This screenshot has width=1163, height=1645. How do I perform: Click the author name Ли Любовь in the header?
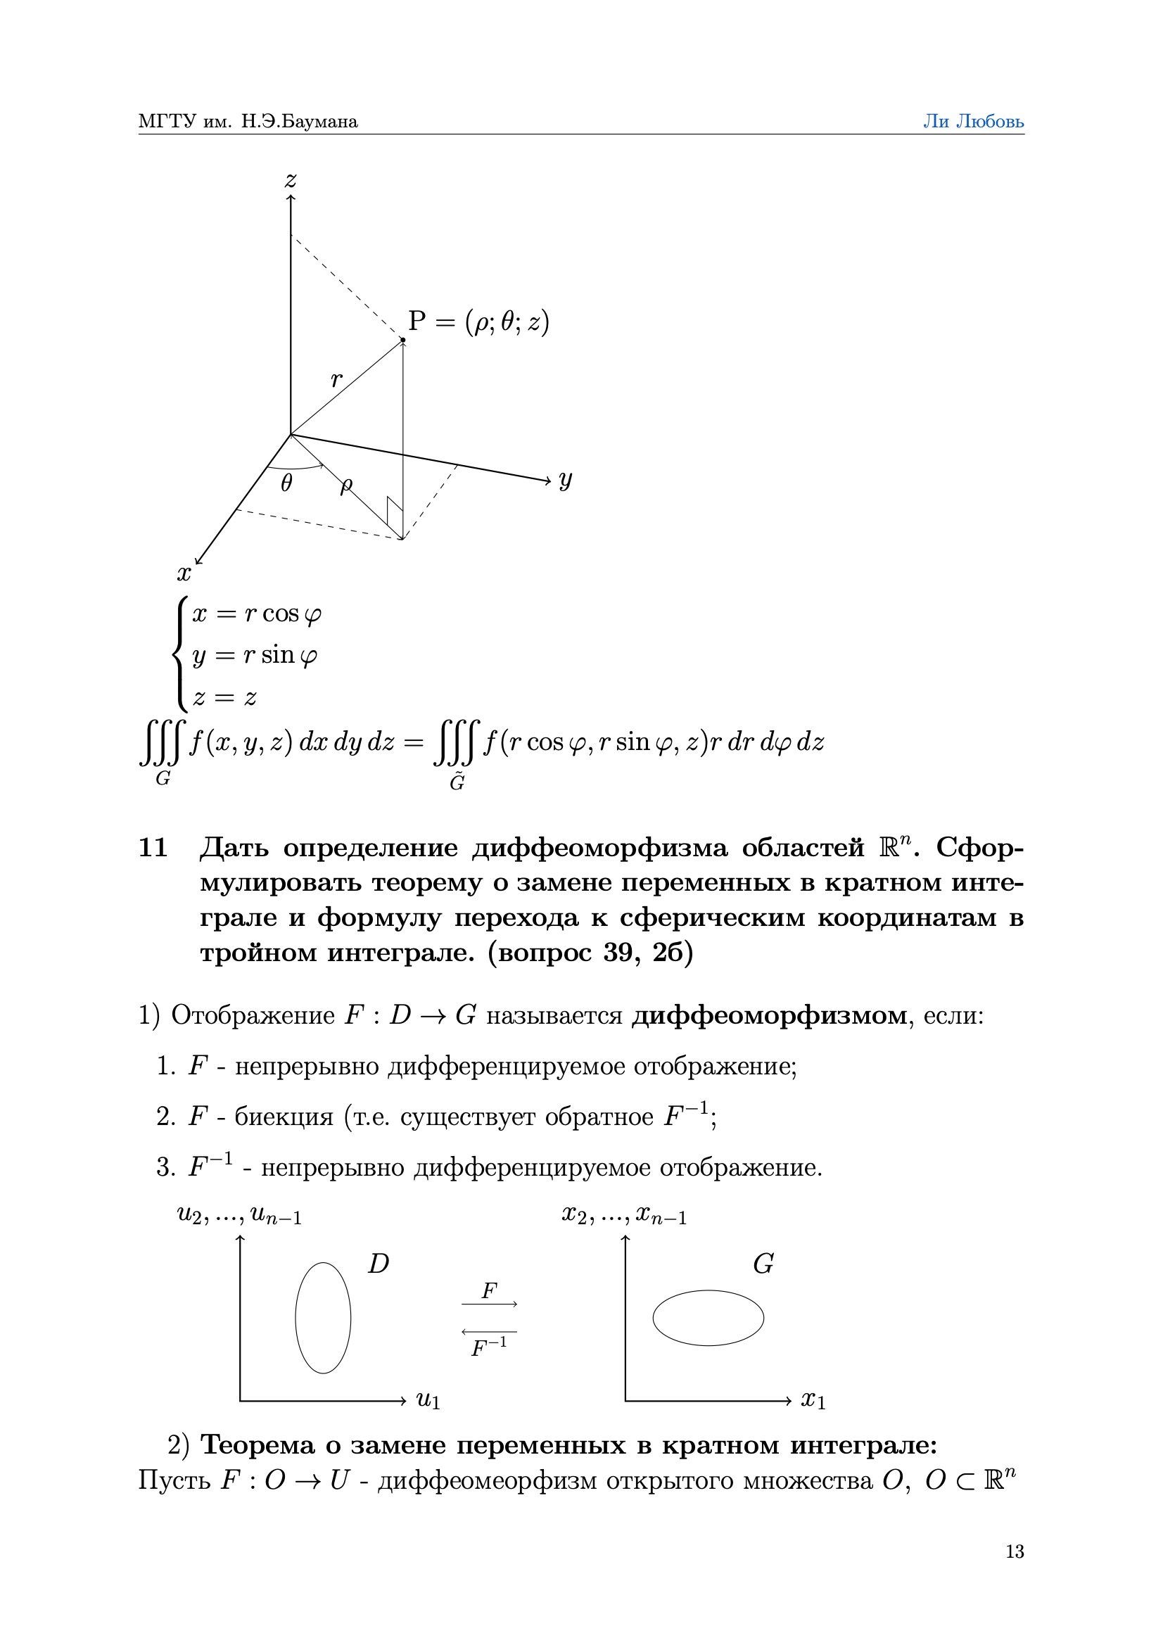pos(972,122)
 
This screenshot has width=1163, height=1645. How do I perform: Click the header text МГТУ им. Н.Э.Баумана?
pos(248,122)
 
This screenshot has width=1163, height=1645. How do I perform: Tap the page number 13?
pos(1014,1551)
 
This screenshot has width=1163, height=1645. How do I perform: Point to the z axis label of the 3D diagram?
pos(290,180)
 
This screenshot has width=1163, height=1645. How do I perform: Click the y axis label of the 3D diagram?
pos(566,479)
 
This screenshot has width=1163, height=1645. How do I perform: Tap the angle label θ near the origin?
pos(286,483)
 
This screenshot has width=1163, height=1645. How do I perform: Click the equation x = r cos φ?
pos(257,614)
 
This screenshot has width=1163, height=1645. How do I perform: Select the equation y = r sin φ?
pos(255,655)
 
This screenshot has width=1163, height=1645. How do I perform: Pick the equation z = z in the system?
pos(224,697)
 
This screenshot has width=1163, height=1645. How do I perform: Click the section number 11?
pos(153,848)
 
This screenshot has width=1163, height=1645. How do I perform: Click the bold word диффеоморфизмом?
pos(769,1015)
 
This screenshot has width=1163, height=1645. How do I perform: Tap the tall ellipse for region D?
pos(323,1318)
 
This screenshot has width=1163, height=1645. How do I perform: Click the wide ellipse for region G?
pos(708,1318)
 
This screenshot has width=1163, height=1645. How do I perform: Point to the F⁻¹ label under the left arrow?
pos(489,1347)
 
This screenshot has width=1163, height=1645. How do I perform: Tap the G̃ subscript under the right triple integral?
pos(457,782)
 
